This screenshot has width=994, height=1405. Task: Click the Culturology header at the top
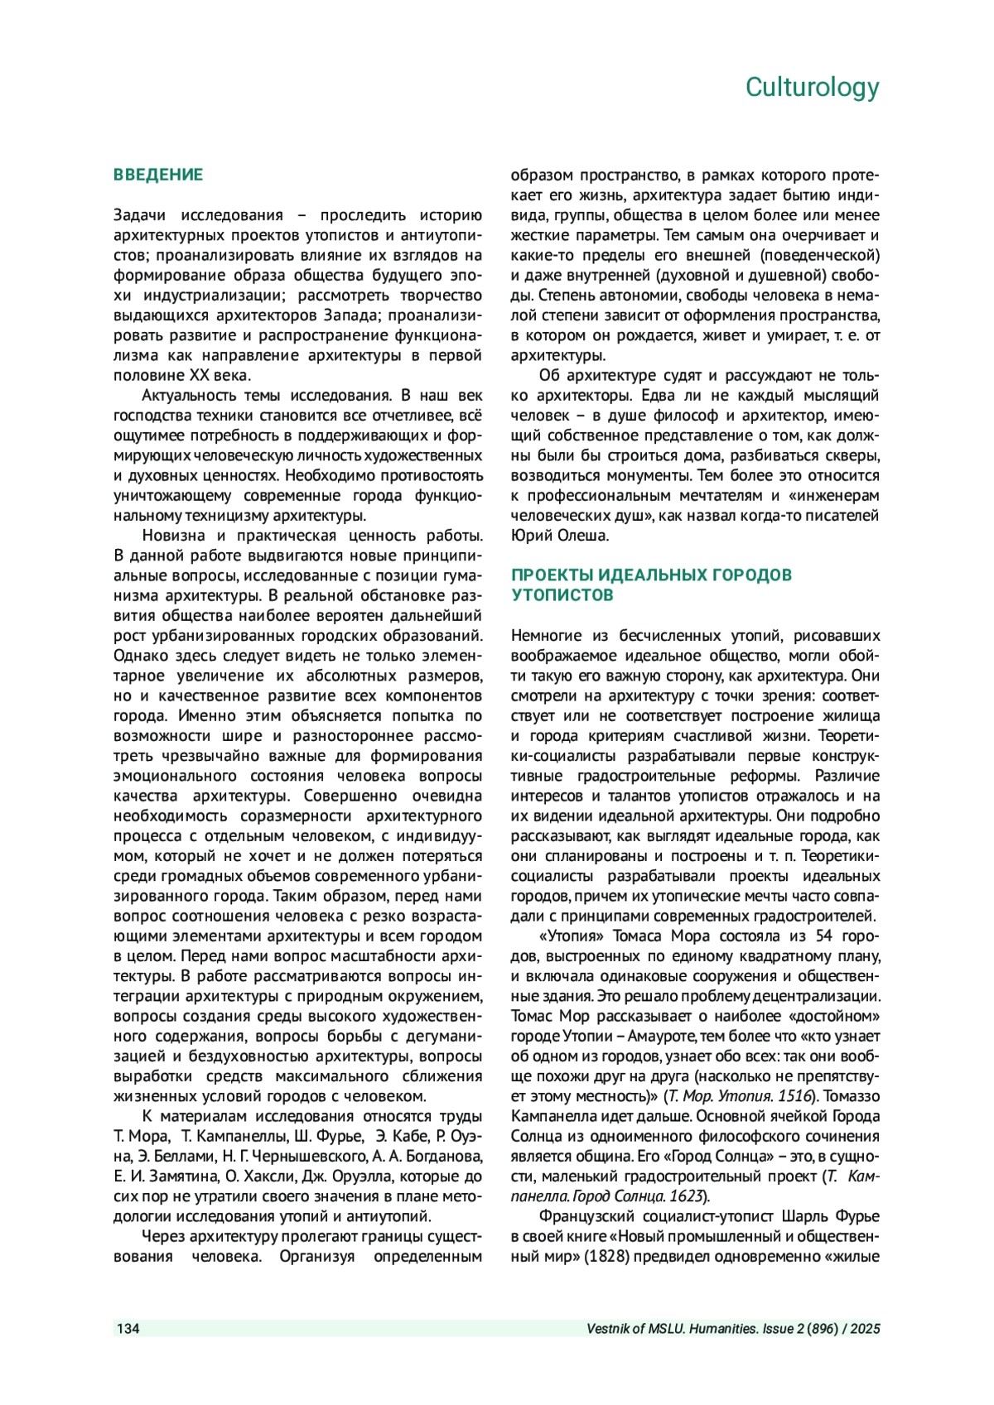(812, 87)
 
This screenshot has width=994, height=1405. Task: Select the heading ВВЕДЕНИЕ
(158, 175)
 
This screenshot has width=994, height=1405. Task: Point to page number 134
(128, 1329)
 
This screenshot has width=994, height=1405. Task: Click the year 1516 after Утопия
(799, 1096)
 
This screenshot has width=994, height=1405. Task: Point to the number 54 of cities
(824, 936)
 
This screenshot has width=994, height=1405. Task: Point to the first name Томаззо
(851, 1096)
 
